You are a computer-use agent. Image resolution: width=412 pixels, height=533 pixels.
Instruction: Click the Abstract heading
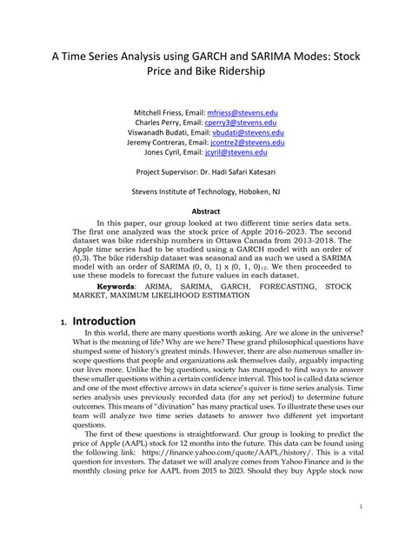tap(206, 210)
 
